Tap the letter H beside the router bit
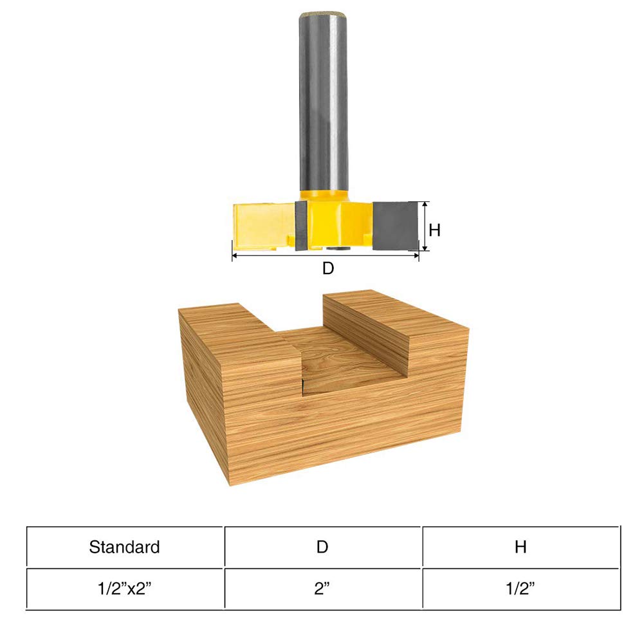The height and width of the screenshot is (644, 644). [x=435, y=230]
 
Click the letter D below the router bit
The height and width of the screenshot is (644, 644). [x=328, y=269]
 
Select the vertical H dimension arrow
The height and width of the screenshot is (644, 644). [x=425, y=226]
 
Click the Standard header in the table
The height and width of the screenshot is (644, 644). [x=125, y=547]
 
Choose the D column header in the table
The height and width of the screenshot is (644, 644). [x=322, y=547]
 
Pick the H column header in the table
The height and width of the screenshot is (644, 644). [x=520, y=547]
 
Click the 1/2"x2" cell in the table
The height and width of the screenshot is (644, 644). [x=125, y=589]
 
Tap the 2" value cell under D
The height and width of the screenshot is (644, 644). [x=322, y=589]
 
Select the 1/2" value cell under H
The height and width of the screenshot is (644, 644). [x=520, y=589]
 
